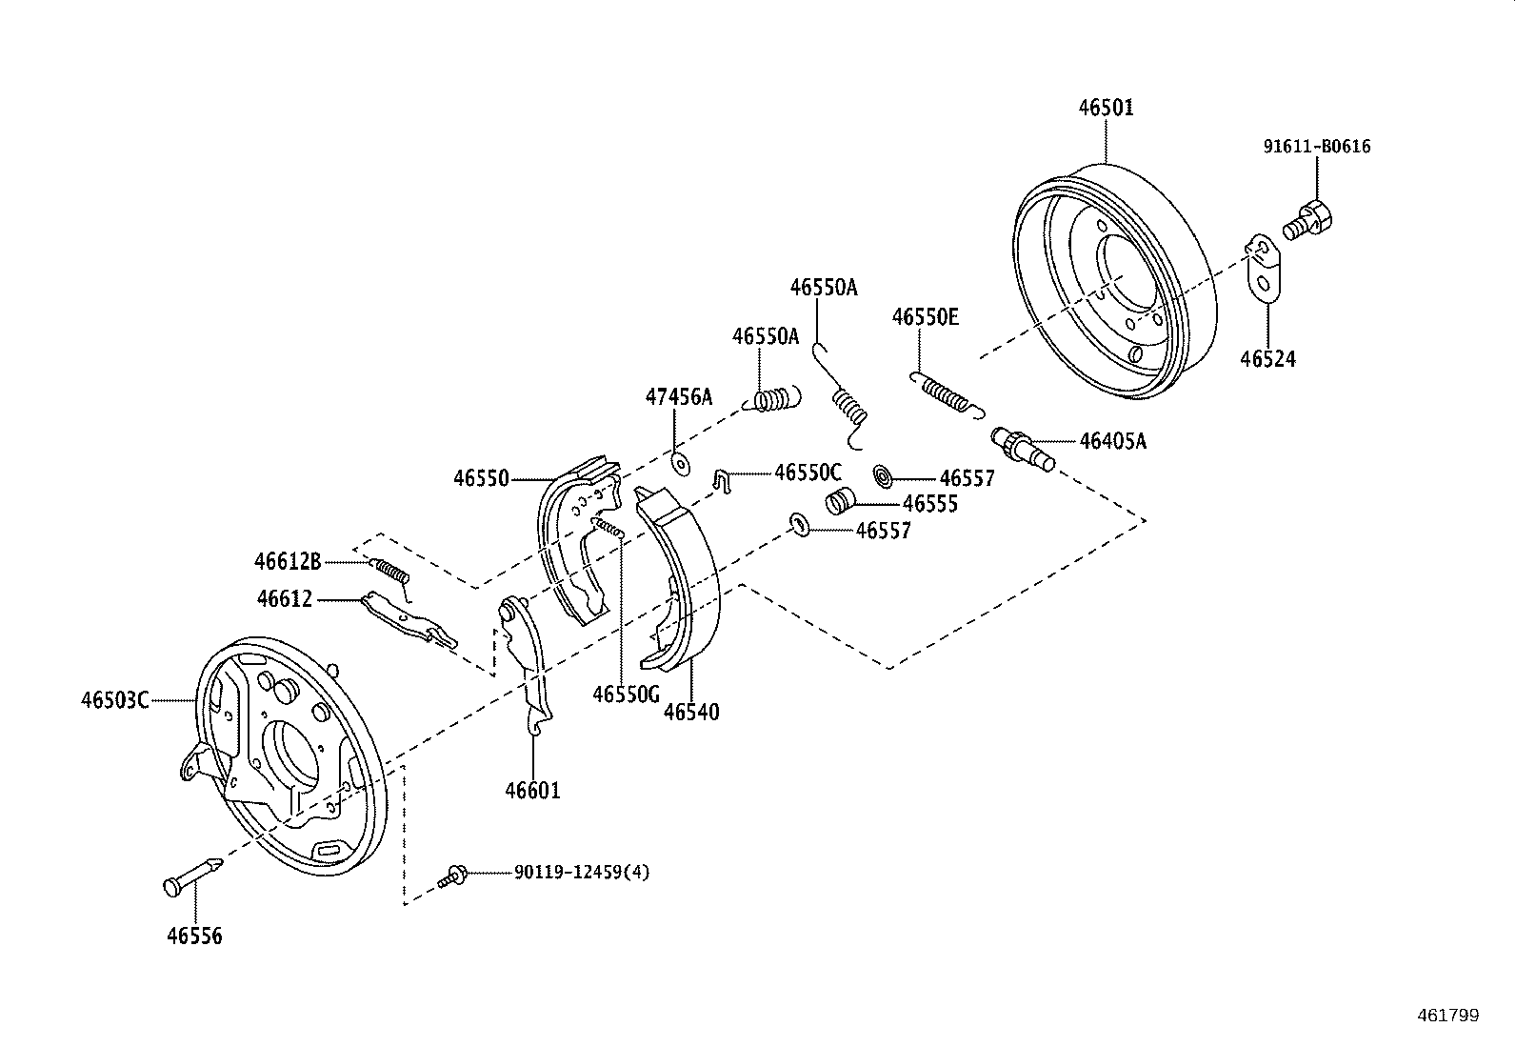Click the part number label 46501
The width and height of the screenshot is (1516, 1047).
point(1106,108)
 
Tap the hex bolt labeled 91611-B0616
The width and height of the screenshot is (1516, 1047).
point(1309,221)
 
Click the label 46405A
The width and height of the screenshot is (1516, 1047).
point(1112,441)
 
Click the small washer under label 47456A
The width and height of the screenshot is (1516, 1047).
point(680,464)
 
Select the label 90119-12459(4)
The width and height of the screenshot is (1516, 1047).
point(582,872)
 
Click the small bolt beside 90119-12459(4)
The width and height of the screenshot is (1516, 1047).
point(454,875)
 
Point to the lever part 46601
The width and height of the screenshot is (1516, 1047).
point(529,667)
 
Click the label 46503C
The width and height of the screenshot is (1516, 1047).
point(114,700)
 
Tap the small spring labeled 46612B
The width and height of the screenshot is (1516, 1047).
point(390,572)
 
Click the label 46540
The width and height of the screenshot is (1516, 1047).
point(691,712)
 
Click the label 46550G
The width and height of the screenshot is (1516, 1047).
point(626,695)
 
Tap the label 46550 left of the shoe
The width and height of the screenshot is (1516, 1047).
point(481,478)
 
